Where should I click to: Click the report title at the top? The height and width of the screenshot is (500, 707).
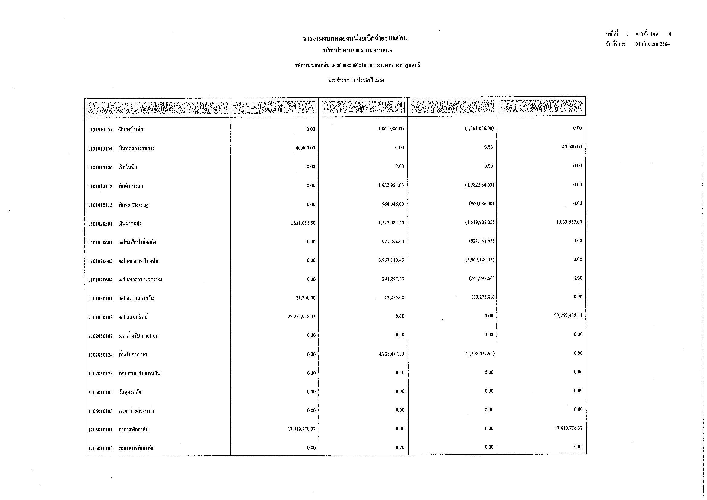[x=355, y=38]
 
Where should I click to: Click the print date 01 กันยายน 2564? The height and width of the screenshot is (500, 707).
[x=652, y=44]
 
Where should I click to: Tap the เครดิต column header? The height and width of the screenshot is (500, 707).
[x=452, y=108]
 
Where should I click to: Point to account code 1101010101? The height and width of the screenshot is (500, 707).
[x=100, y=130]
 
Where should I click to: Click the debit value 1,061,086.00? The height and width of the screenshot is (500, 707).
[x=391, y=129]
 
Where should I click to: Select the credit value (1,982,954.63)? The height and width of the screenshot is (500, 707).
[x=479, y=185]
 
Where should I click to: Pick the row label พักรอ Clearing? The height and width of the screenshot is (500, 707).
[x=134, y=205]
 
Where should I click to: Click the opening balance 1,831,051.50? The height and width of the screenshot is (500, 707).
[x=302, y=223]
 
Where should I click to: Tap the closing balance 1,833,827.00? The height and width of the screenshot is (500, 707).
[x=569, y=222]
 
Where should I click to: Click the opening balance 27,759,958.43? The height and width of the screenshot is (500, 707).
[x=301, y=317]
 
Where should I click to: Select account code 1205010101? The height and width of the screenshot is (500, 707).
[x=100, y=430]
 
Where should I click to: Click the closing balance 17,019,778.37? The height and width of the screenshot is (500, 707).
[x=569, y=428]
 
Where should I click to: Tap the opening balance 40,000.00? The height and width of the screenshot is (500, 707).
[x=305, y=148]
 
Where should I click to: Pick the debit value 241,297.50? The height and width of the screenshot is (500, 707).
[x=393, y=279]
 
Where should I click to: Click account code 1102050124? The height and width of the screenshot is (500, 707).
[x=100, y=355]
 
